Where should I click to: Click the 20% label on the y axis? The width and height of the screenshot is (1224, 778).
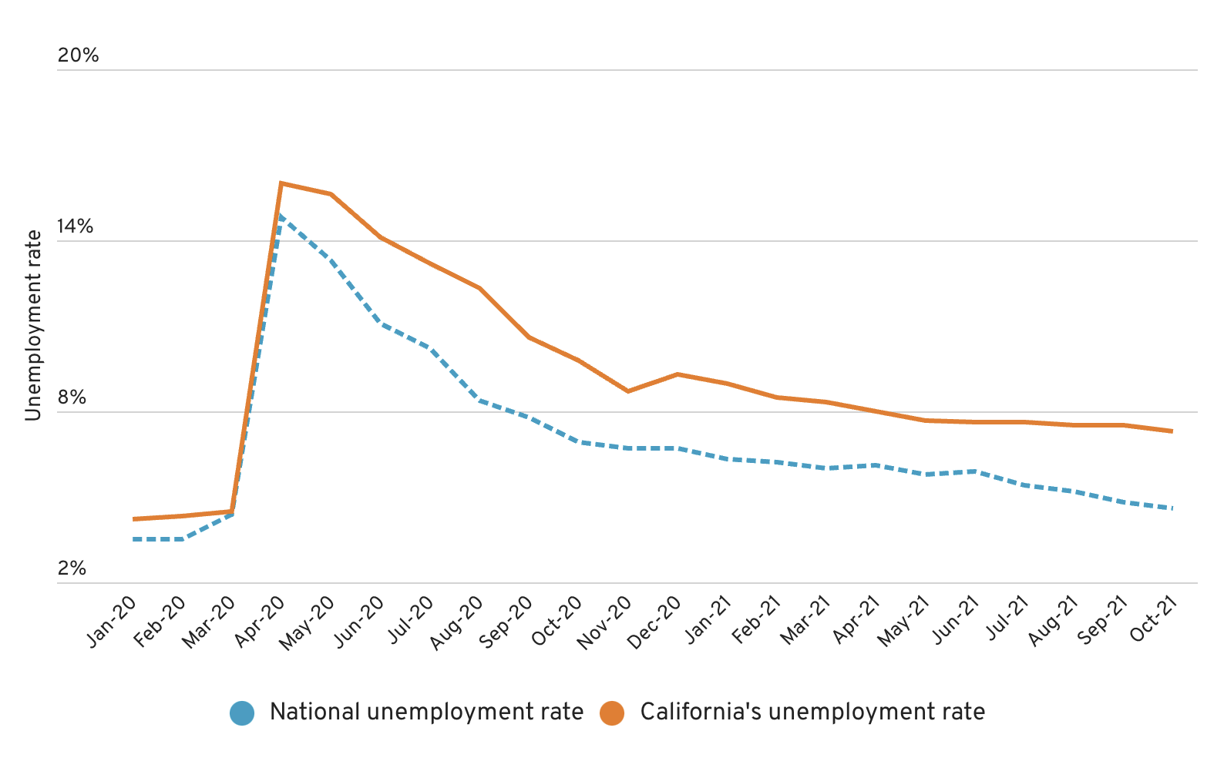pos(78,55)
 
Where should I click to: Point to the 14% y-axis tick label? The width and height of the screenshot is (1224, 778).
pos(76,226)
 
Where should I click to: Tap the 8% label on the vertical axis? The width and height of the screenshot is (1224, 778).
pos(72,397)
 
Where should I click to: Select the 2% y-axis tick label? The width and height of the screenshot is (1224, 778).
pos(72,568)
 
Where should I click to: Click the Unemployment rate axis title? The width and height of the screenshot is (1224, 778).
pos(32,325)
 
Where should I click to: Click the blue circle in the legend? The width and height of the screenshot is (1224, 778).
pos(242,713)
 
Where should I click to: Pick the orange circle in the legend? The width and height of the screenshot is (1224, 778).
pos(612,713)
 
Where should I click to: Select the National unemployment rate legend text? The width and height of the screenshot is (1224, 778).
pos(426,712)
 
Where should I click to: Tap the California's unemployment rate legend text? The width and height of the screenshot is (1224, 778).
pos(812,712)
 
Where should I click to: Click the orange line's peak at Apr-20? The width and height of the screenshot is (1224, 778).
pos(281,183)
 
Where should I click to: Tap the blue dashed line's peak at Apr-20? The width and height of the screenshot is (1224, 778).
pos(281,216)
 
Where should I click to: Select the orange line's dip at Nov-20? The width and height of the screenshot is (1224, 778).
pos(628,391)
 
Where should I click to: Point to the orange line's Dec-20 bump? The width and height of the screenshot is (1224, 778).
pos(677,374)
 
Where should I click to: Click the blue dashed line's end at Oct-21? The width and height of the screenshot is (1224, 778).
pos(1172,508)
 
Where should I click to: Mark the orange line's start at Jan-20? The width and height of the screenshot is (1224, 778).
pos(134,519)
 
